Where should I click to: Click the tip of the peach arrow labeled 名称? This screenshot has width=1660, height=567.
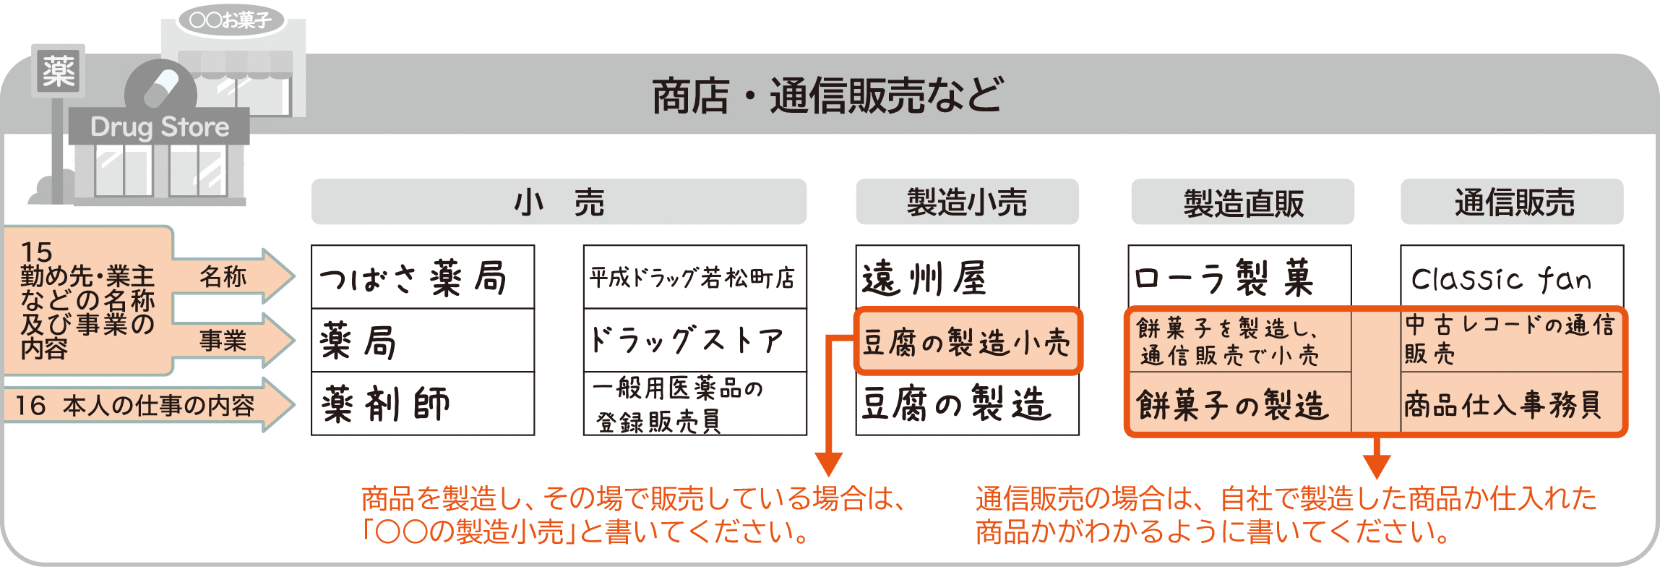click(295, 276)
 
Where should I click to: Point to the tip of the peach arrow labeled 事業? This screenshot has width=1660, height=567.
click(295, 340)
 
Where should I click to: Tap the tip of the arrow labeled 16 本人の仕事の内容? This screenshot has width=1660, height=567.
click(295, 405)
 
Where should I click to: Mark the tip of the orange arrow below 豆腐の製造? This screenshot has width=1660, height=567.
click(828, 476)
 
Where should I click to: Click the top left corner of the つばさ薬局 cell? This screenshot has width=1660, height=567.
click(311, 246)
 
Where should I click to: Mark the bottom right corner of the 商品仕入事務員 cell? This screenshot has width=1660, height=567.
click(1622, 434)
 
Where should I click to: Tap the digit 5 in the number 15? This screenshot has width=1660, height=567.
click(44, 252)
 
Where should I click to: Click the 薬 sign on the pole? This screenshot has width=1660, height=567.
click(59, 71)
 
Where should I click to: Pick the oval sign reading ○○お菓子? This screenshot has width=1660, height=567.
click(231, 20)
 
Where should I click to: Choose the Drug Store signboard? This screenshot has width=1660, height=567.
click(160, 127)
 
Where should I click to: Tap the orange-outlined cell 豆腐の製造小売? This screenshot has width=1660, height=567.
click(968, 341)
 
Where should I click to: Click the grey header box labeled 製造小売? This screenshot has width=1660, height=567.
click(967, 202)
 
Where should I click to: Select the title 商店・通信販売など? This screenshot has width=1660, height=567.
click(827, 95)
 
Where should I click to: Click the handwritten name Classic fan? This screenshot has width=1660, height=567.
click(1501, 278)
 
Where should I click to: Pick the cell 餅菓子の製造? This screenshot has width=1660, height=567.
click(1240, 404)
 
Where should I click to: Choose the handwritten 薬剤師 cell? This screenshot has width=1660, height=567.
click(423, 404)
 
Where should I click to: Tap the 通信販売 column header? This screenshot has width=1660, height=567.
click(1512, 202)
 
